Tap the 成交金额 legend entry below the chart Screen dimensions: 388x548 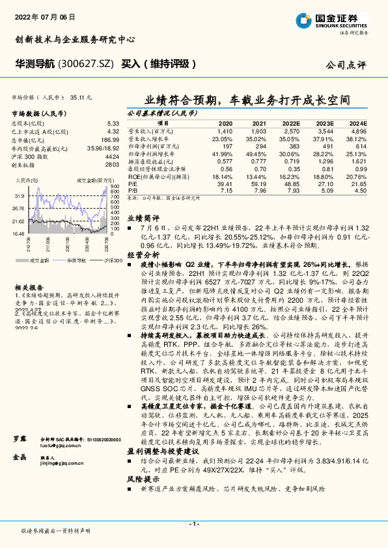[38, 260]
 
